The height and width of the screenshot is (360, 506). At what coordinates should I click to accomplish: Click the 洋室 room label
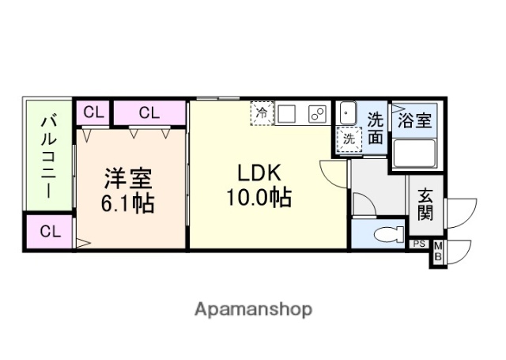125,180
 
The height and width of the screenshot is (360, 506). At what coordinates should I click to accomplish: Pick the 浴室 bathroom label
414,122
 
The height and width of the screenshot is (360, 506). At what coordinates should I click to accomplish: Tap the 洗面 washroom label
376,129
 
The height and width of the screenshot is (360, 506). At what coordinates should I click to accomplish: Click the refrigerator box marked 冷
262,113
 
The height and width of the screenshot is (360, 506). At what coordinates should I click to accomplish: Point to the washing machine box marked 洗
349,138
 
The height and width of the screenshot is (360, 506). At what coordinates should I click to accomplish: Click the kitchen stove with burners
317,113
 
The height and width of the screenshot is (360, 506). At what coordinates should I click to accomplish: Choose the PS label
418,244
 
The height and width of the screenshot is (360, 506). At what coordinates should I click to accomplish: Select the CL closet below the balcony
49,233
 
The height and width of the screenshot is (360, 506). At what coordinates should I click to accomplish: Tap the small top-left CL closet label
93,112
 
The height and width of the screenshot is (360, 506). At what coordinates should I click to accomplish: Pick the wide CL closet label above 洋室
149,112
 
